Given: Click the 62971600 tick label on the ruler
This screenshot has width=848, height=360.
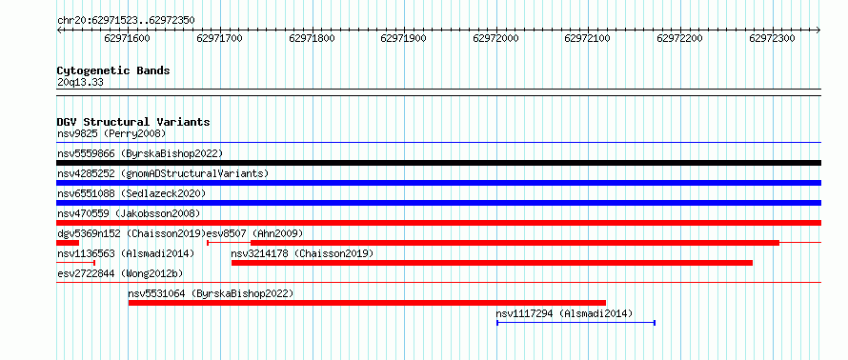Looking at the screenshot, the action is pos(127,38).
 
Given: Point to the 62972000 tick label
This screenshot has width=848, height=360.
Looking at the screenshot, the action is pos(495,38).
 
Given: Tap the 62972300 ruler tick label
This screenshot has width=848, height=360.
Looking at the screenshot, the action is pos(772,38).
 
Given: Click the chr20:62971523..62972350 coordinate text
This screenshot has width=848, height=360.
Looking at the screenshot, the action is pos(126,21).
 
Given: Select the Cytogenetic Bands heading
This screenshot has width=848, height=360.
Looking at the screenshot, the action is pos(113,70).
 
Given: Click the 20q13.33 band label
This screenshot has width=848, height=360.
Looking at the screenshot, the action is pos(80,83).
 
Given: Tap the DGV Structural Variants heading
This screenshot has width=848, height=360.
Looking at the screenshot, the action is pos(133,122).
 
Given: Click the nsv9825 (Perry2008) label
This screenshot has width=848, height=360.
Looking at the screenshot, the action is pos(111,133).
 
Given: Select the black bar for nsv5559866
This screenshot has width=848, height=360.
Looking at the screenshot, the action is pos(438,163).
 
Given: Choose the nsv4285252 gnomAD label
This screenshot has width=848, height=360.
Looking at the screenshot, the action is pos(163,173).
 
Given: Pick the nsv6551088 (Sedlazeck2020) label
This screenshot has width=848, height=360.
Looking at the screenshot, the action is pos(131,193).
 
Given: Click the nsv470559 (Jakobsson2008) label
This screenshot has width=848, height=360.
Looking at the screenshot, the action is pos(129,213).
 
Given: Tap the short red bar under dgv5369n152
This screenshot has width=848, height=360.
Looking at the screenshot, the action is pos(68,243).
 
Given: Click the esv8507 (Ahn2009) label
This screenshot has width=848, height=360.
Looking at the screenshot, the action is pos(255,233).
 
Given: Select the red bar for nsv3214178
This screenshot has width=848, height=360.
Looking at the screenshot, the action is pos(493,263).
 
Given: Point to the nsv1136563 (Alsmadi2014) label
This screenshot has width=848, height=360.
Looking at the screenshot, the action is pos(126,253).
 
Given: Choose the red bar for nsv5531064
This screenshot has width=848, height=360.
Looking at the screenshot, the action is pos(367,303).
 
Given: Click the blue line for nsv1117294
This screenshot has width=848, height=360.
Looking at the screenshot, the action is pos(575,323).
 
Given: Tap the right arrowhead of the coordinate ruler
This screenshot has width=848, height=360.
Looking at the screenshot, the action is pos(818,30).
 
